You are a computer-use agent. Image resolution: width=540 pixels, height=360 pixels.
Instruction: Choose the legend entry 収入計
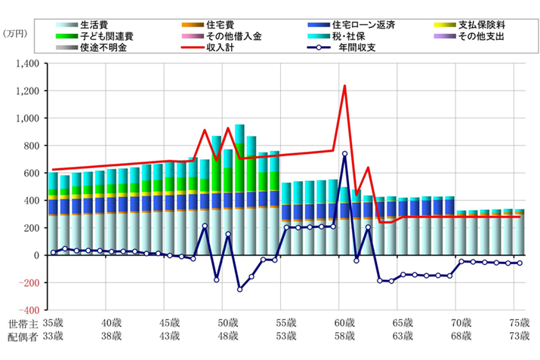(x=226, y=48)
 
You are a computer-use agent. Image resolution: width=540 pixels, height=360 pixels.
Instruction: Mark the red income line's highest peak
(x=345, y=86)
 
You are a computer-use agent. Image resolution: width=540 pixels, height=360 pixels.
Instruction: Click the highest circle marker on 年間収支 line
(x=345, y=154)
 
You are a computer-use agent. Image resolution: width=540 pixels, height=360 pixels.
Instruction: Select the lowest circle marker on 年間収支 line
(x=240, y=289)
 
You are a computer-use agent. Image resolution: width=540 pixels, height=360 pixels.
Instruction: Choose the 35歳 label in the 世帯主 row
(x=51, y=322)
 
